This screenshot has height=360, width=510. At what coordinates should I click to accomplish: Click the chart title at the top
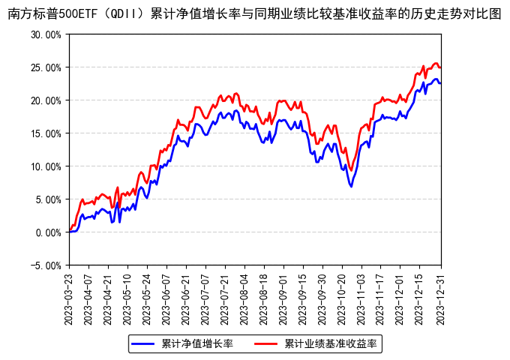254,13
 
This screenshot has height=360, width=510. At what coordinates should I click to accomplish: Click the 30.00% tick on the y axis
46,34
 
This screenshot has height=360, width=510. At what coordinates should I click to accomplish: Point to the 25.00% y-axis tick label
46,67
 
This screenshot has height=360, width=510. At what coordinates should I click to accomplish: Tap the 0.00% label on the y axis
49,232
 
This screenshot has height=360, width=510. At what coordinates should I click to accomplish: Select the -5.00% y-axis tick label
46,265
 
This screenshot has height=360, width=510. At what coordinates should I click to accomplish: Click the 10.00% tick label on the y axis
46,166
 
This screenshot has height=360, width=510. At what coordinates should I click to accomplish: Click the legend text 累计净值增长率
197,344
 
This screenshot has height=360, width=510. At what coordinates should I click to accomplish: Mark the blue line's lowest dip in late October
351,186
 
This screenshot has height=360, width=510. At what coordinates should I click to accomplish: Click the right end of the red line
440,67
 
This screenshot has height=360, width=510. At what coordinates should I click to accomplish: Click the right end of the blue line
440,83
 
